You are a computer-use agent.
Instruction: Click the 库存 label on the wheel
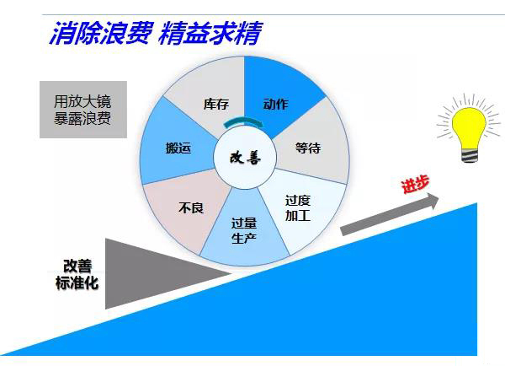point(216,105)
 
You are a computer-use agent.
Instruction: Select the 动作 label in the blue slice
point(276,105)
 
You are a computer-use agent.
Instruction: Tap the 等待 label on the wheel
point(308,148)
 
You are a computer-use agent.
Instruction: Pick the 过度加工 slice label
point(298,208)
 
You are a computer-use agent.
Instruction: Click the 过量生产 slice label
point(244,231)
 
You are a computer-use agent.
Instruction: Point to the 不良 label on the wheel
point(191,207)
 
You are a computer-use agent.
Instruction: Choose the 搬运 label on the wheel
point(178,148)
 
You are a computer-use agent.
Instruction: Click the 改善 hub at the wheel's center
point(245,158)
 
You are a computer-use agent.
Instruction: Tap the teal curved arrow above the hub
point(244,121)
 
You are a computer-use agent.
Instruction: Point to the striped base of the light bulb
point(470,155)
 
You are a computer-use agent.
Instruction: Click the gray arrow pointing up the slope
point(390,213)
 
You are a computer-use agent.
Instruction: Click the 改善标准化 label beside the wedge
point(77,274)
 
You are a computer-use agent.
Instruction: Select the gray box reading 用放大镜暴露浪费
point(83,110)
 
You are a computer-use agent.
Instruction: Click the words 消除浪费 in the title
point(101,33)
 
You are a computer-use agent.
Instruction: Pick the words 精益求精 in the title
point(210,33)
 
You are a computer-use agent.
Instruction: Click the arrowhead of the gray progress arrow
point(433,200)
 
